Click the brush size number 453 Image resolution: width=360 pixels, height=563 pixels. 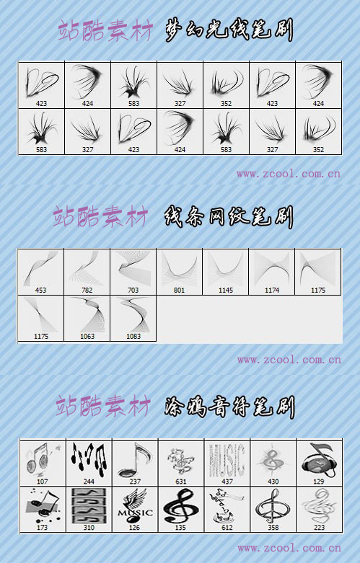tap(40, 291)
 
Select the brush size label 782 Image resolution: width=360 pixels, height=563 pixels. tap(87, 291)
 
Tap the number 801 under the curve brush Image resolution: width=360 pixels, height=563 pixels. tap(179, 291)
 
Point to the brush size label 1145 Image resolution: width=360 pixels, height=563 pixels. tap(225, 291)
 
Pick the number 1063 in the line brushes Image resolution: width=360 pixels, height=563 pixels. tap(87, 337)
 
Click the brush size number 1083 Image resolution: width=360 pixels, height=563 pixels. tap(133, 337)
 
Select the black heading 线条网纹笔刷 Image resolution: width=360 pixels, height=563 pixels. tap(229, 216)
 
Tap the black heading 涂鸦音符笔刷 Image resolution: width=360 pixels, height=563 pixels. tap(229, 405)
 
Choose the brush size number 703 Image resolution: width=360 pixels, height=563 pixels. tap(133, 291)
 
